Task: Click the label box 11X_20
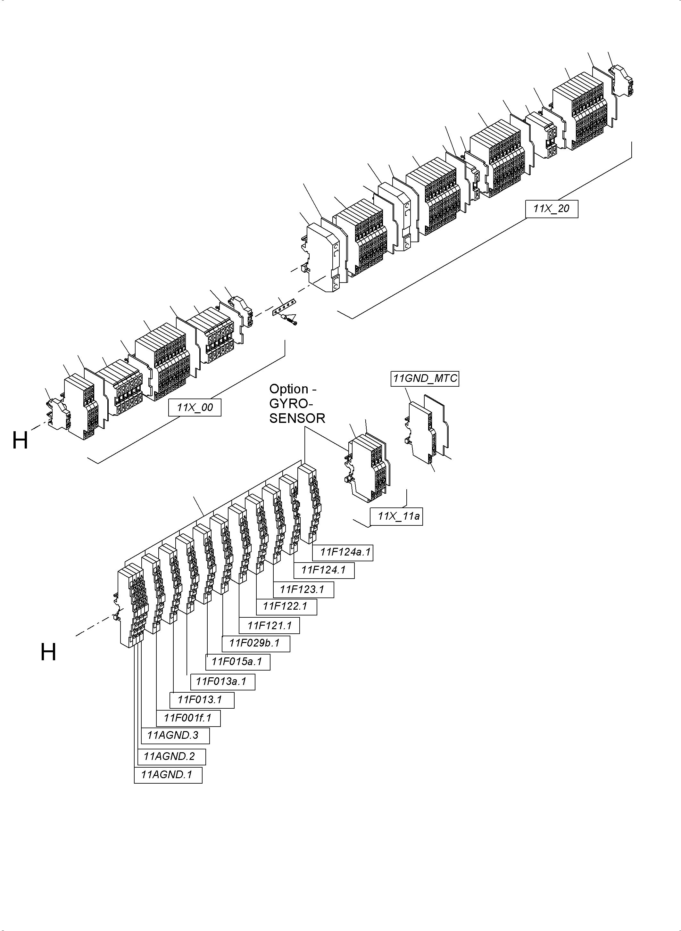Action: coord(551,209)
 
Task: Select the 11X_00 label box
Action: coord(195,408)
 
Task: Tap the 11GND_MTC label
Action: coord(425,378)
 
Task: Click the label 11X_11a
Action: coord(396,516)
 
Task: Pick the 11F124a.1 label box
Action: coord(343,552)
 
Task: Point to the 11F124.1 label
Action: coord(324,570)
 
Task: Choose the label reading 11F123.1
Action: coord(303,589)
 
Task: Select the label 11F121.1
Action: coord(269,626)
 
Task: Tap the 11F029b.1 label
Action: coord(256,643)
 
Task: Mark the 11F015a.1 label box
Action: coord(238,662)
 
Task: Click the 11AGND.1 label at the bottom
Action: coord(168,775)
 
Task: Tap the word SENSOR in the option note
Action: coord(297,418)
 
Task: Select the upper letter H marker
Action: coord(20,440)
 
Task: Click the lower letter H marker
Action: coord(48,652)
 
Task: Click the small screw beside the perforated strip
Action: coord(293,320)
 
